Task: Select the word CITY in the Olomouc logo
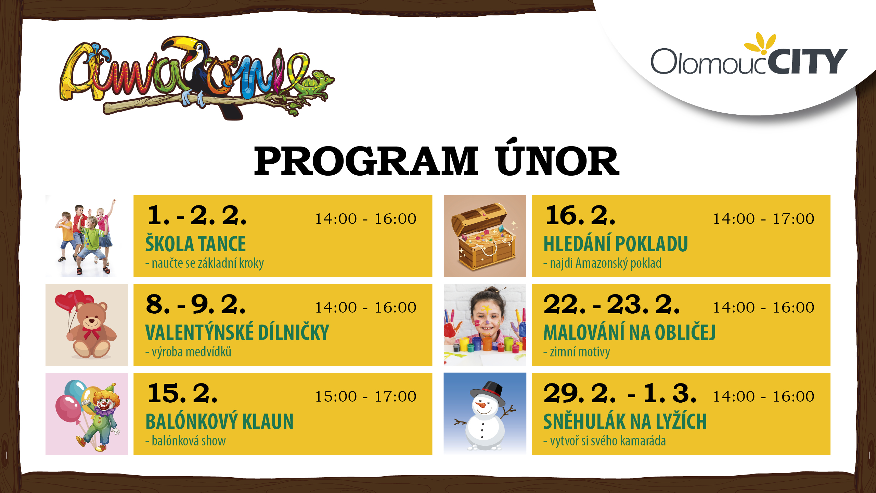807,62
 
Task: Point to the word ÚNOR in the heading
557,158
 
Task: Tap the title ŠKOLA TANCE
195,244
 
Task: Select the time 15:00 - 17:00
365,396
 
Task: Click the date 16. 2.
580,216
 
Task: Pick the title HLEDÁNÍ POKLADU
616,244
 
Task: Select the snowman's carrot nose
480,405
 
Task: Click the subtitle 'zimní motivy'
577,352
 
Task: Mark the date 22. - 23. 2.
611,304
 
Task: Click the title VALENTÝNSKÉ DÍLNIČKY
237,332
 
